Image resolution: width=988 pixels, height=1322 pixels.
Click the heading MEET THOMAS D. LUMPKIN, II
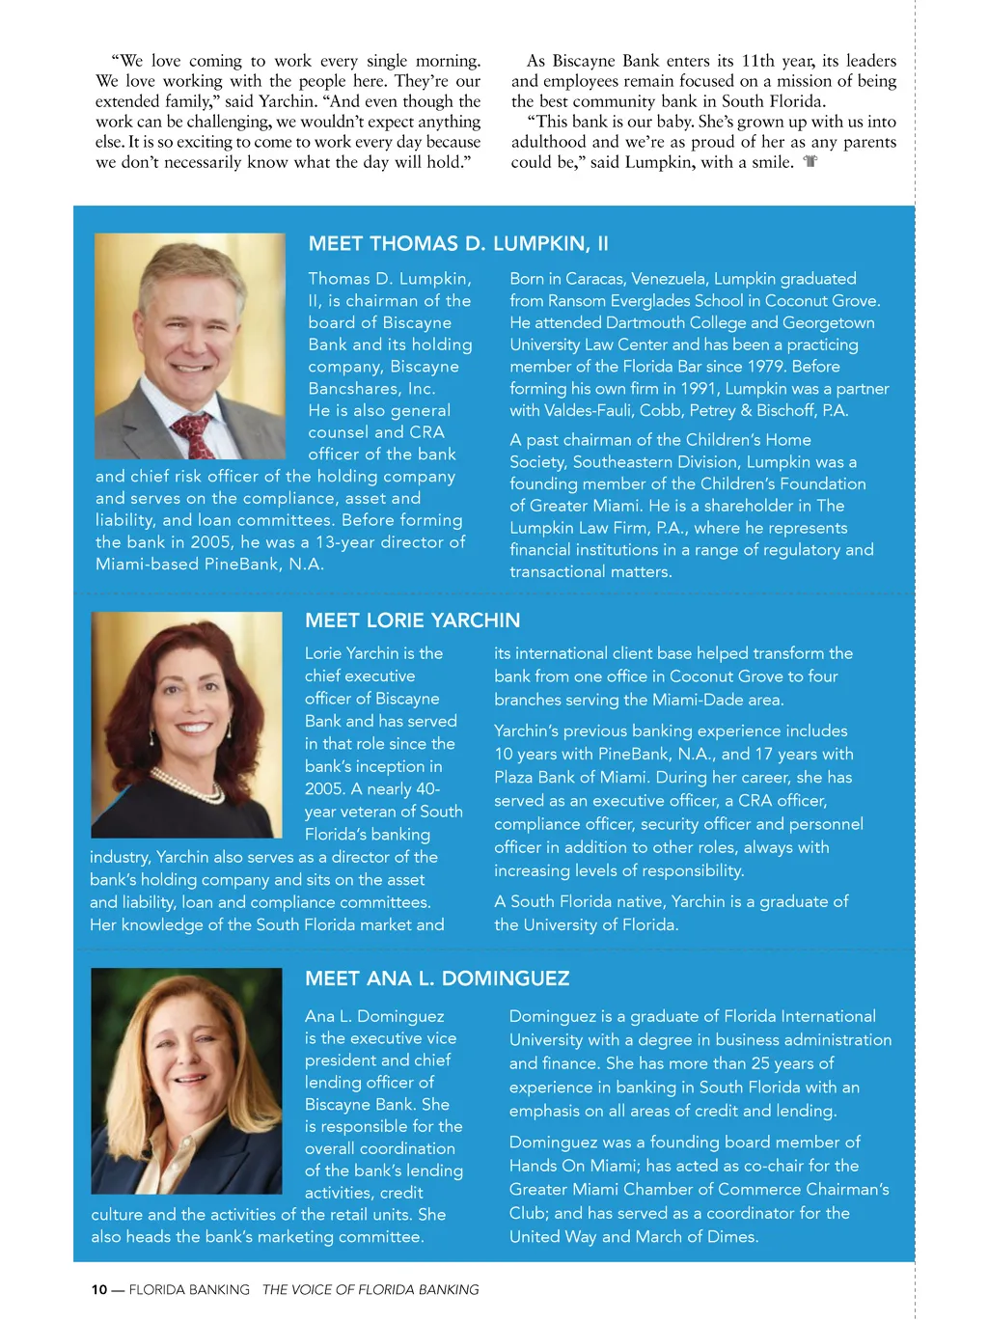pyautogui.click(x=458, y=244)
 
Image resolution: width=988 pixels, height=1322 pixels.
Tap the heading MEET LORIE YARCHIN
pyautogui.click(x=412, y=620)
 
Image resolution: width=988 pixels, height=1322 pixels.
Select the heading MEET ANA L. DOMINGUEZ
pyautogui.click(x=437, y=978)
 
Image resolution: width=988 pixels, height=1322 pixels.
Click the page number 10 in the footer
pyautogui.click(x=99, y=1290)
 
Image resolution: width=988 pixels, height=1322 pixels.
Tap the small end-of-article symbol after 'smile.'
pyautogui.click(x=810, y=162)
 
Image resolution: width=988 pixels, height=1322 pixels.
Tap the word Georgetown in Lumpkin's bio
pyautogui.click(x=828, y=322)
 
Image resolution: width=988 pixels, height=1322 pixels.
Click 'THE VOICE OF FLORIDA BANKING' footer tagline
pyautogui.click(x=370, y=1290)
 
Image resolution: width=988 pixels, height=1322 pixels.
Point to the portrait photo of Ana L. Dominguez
pyautogui.click(x=186, y=1081)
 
